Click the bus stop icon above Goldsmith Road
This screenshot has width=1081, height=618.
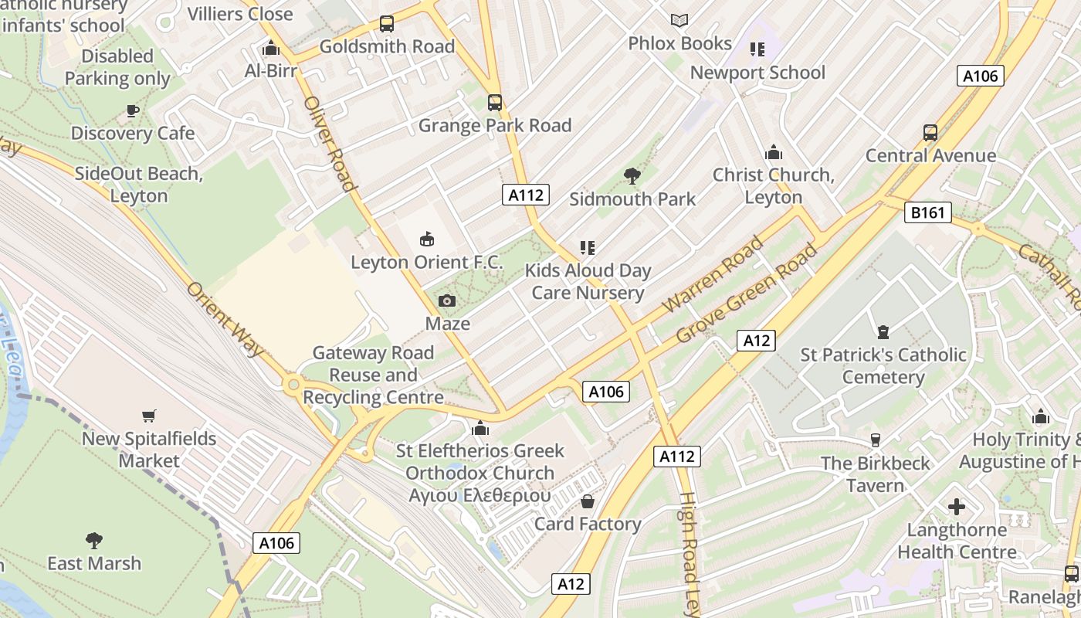[387, 24]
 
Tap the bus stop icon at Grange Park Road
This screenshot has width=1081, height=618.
[495, 103]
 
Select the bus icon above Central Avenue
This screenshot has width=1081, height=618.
[930, 133]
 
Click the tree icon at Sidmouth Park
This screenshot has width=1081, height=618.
[632, 176]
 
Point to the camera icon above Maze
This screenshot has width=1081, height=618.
[446, 301]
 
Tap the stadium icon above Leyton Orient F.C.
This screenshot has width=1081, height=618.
[426, 239]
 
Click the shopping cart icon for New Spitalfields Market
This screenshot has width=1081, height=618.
[149, 416]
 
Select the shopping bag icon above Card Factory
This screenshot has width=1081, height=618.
[588, 501]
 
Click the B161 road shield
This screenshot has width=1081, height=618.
[927, 212]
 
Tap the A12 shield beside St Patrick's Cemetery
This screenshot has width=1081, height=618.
[755, 341]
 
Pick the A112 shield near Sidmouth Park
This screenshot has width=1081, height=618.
[526, 195]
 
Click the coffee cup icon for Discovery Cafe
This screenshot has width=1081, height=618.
[133, 110]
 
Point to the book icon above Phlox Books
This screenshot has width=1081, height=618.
[679, 21]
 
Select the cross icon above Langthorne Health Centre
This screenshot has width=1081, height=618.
[957, 507]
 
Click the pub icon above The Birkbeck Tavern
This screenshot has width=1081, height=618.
[875, 440]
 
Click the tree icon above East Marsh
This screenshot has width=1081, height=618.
[94, 540]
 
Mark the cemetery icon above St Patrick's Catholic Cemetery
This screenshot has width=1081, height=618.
[883, 332]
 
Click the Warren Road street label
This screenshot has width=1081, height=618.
[713, 275]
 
